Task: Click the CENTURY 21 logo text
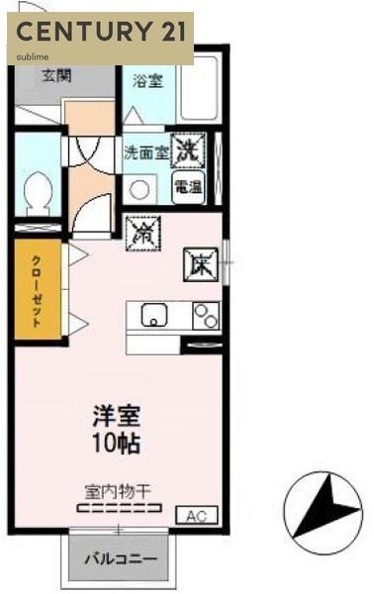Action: tap(100, 31)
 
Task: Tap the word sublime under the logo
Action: tap(33, 56)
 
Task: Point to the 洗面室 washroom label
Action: tap(145, 154)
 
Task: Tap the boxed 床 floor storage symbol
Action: tap(199, 263)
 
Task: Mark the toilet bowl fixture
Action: tap(40, 189)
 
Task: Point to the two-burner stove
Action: tap(206, 316)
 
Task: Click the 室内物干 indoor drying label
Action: tap(117, 490)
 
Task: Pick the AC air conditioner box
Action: tap(195, 516)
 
